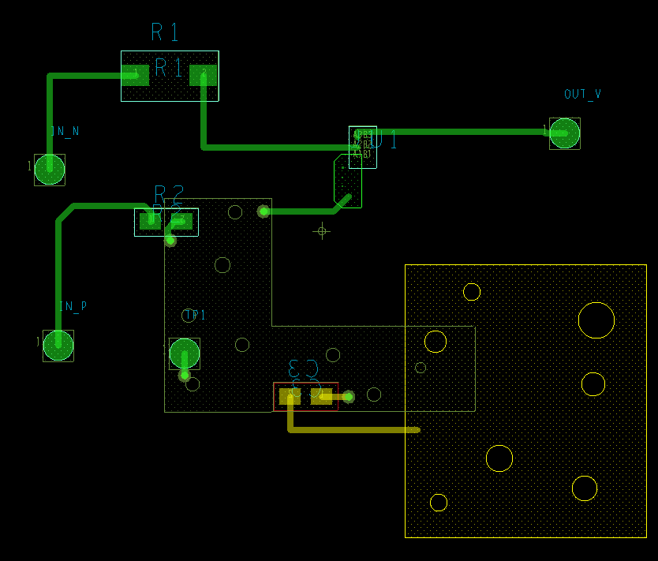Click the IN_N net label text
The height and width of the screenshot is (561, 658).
[x=65, y=132]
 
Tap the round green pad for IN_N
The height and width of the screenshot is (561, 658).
[x=50, y=169]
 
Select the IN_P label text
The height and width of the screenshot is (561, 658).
[x=73, y=306]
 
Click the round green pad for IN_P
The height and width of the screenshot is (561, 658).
[x=58, y=346]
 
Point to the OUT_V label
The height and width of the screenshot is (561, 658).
[x=582, y=95]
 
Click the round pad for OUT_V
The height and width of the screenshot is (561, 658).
[x=564, y=133]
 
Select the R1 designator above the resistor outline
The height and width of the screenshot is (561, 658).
[x=165, y=32]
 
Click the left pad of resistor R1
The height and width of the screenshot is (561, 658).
[x=135, y=75]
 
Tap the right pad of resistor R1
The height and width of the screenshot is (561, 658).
[x=203, y=75]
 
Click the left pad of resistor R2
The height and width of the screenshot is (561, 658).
[x=150, y=222]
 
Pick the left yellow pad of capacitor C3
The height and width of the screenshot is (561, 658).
[x=290, y=396]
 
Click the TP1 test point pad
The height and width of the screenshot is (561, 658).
[x=185, y=353]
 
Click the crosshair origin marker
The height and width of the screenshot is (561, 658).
[x=321, y=231]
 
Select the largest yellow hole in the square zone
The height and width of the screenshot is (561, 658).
[x=596, y=320]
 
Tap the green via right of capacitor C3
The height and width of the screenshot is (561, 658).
[x=348, y=397]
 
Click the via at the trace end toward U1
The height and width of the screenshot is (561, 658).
[x=264, y=211]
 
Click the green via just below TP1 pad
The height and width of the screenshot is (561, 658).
[x=185, y=376]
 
